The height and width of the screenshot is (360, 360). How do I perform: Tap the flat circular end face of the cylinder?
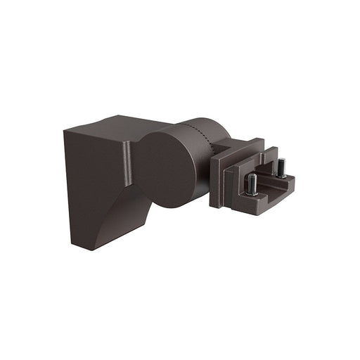[x=165, y=169]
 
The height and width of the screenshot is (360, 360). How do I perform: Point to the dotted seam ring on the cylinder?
[x=204, y=140]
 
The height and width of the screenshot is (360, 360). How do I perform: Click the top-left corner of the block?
[x=65, y=131]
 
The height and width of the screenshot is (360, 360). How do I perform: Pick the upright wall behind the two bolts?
[x=267, y=163]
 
